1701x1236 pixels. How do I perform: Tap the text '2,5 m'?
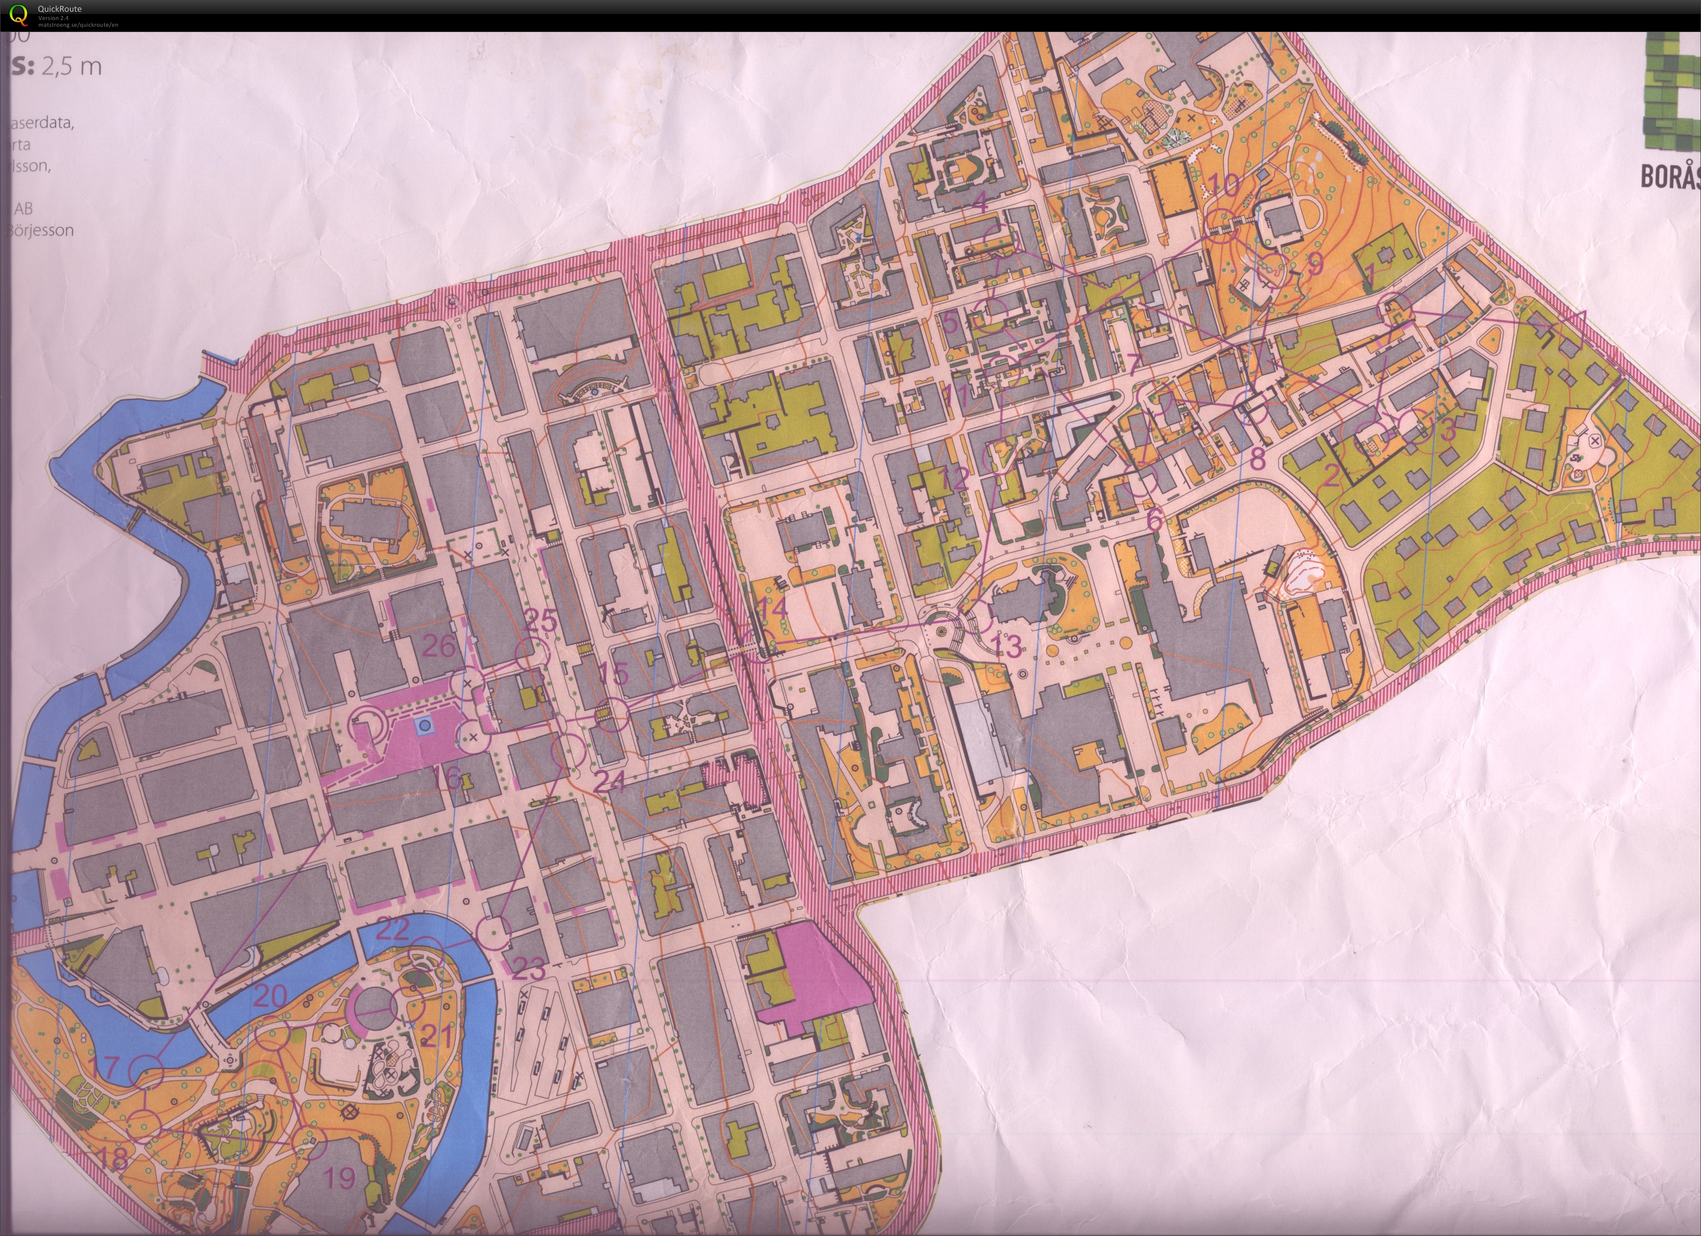pos(71,67)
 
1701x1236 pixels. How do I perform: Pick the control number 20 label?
pos(271,997)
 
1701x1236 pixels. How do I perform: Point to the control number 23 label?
pos(529,970)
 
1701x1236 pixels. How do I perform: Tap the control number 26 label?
pos(440,645)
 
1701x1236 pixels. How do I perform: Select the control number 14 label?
pos(772,608)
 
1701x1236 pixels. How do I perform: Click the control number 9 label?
pos(1315,264)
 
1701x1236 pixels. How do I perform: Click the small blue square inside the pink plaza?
pos(425,725)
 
